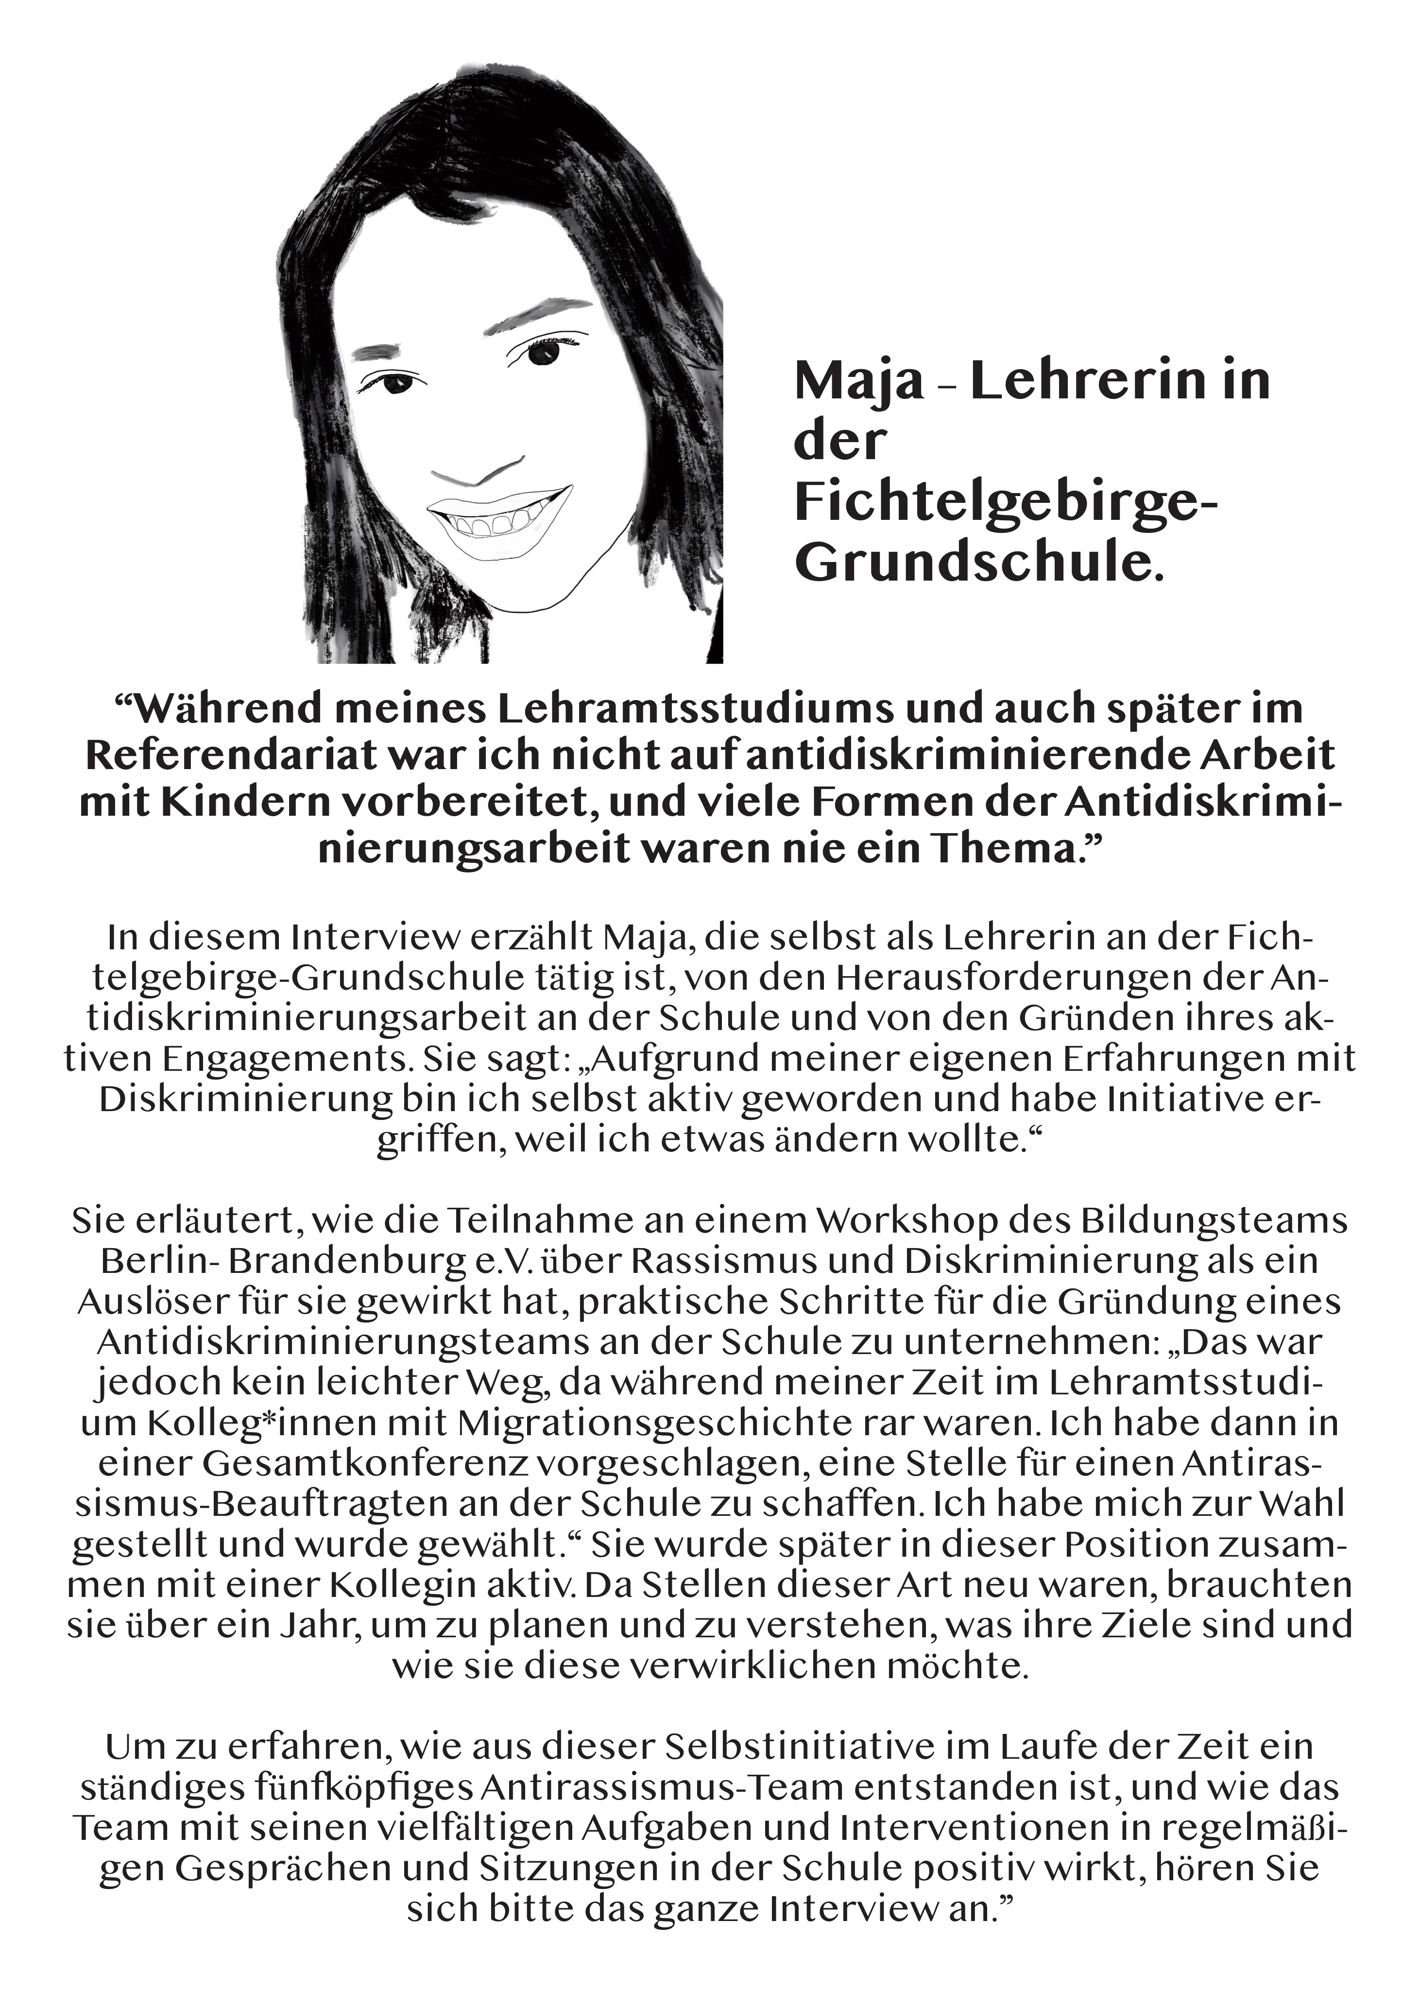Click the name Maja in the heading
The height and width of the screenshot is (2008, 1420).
tap(857, 382)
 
